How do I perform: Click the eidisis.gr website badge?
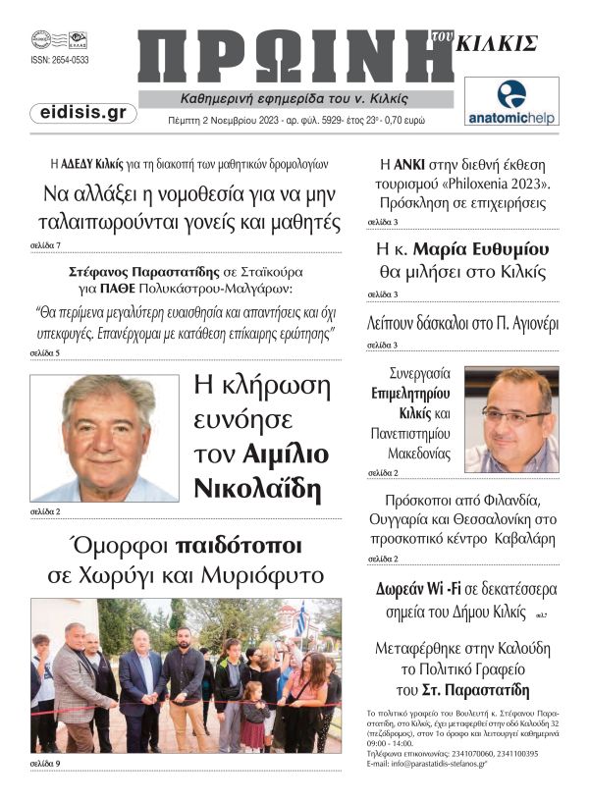point(82,113)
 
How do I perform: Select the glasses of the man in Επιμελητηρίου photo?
point(514,415)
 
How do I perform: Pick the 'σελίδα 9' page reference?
point(45,763)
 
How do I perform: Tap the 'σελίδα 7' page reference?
point(45,244)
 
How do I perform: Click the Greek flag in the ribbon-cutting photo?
point(300,620)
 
